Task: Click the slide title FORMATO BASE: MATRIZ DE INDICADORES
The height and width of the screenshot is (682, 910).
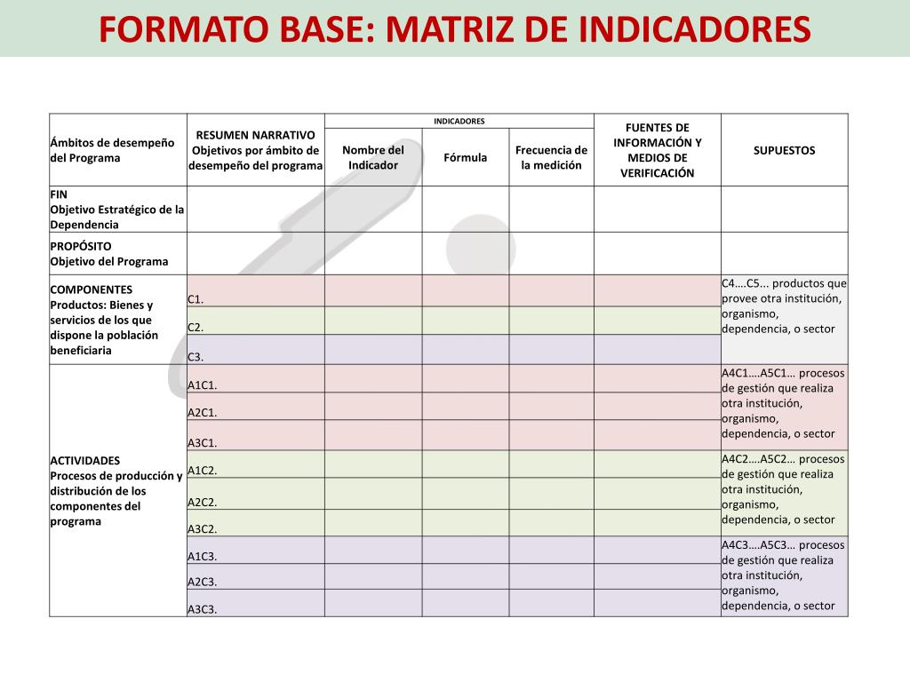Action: coord(454,29)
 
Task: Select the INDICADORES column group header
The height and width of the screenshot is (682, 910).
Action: coord(459,121)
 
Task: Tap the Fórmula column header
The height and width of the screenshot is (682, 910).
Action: coord(466,157)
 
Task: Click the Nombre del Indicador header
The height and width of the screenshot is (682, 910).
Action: coord(373,157)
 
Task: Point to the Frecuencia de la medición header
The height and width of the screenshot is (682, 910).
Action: coord(551,157)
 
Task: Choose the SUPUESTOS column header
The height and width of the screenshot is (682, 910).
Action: coord(784,150)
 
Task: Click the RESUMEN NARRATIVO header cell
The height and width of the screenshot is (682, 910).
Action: coord(256,150)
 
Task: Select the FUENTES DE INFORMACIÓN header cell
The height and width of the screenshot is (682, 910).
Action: coord(658,150)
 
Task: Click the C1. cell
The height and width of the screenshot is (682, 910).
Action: coord(196,299)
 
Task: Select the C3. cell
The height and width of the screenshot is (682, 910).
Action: coord(196,357)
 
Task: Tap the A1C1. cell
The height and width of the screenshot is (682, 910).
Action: coord(203,385)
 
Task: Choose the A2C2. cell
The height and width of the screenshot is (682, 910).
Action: coord(203,502)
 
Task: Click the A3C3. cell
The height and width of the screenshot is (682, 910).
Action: coord(203,609)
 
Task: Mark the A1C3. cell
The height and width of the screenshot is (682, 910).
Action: coord(203,557)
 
